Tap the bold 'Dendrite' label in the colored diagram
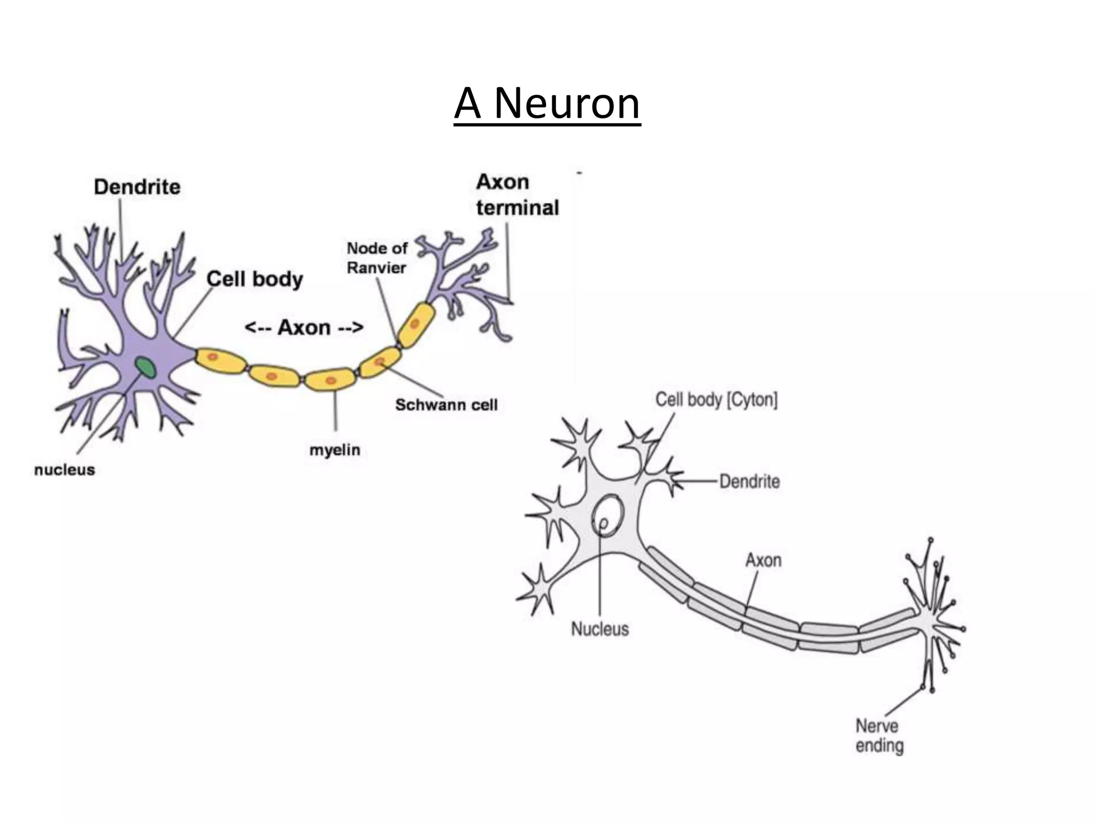coord(137,187)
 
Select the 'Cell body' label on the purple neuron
coord(255,279)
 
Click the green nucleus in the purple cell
coord(145,368)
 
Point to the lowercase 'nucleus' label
coord(65,470)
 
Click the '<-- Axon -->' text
coord(304,328)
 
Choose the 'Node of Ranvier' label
coord(376,258)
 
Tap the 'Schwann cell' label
coord(446,405)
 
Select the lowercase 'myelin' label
coord(335,450)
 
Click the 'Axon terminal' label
coord(517,195)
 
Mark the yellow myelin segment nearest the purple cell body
coord(219,360)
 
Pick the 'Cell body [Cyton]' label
coord(716,400)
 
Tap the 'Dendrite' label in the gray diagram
coord(749,482)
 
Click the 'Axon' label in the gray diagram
coord(763,560)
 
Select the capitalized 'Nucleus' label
coord(600,629)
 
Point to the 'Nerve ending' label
coord(880,736)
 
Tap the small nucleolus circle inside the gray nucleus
coord(604,524)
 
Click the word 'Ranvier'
coord(376,268)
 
